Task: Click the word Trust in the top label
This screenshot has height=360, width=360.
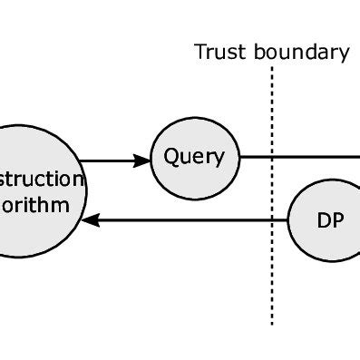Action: pos(216,52)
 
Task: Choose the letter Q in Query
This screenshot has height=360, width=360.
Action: pos(170,157)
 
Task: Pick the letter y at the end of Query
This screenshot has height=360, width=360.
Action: pos(218,160)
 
